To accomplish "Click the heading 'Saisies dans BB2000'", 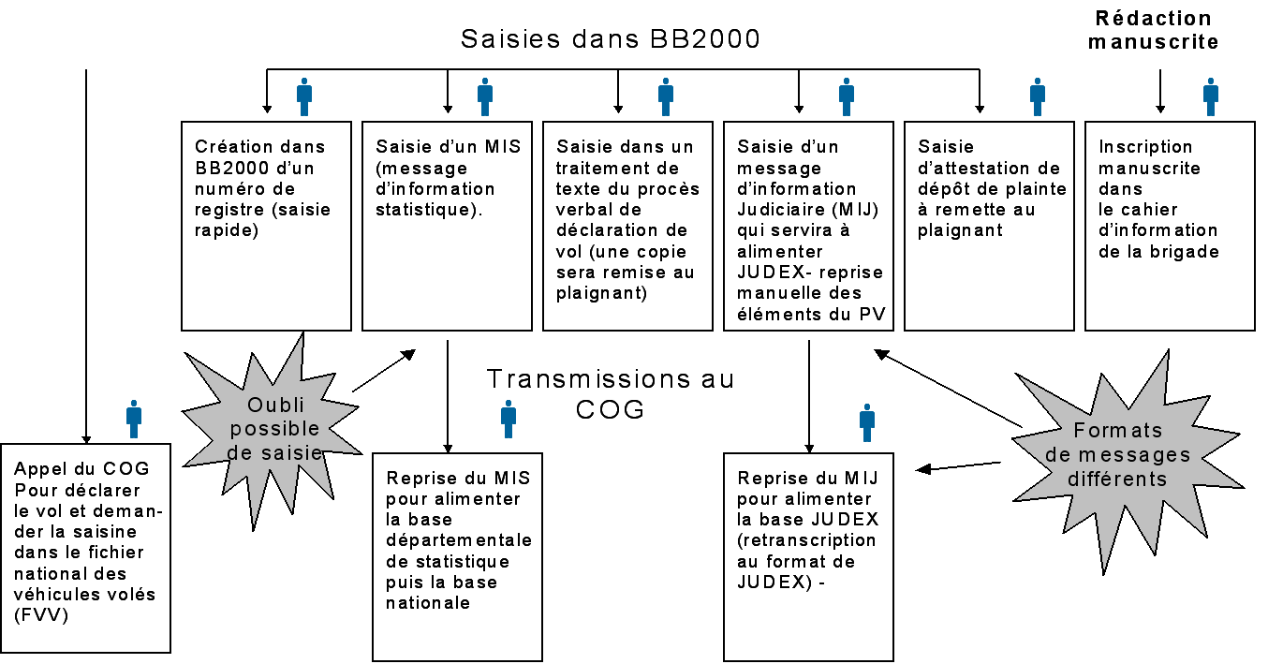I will (x=610, y=40).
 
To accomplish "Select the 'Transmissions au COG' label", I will (x=611, y=393).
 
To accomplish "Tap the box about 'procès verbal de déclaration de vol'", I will (x=627, y=226).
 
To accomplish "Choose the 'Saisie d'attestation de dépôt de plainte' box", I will (x=989, y=226).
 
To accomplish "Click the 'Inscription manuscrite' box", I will (x=1169, y=226).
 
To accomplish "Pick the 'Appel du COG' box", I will (x=86, y=548).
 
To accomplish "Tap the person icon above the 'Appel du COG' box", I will (x=134, y=420).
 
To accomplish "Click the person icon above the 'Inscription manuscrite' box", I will (x=1211, y=96).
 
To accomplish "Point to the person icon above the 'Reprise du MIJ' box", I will (x=867, y=422).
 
